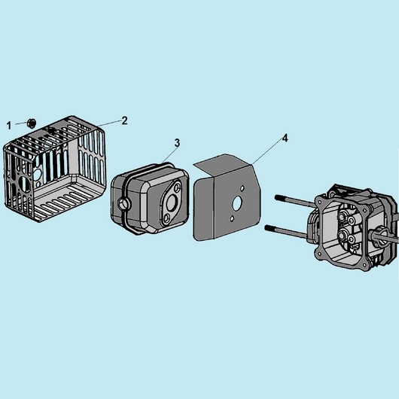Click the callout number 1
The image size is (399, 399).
[x=9, y=125]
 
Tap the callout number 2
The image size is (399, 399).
[x=124, y=120]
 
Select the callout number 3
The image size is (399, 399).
[x=177, y=143]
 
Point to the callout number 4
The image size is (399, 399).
[x=285, y=139]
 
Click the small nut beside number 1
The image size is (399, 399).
[x=32, y=123]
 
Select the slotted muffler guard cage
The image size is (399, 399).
[x=54, y=169]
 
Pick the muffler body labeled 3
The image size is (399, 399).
[x=150, y=199]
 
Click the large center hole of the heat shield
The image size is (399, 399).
[x=237, y=203]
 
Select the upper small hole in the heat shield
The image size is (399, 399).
[x=242, y=188]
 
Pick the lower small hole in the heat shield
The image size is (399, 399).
[x=232, y=218]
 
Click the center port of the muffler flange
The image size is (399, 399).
[x=172, y=202]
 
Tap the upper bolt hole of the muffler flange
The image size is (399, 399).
[x=178, y=187]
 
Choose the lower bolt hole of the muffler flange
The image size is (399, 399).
[x=167, y=218]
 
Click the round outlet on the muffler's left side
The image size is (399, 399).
[x=124, y=203]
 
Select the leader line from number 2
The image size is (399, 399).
[x=109, y=123]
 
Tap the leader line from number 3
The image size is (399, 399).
[x=169, y=155]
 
